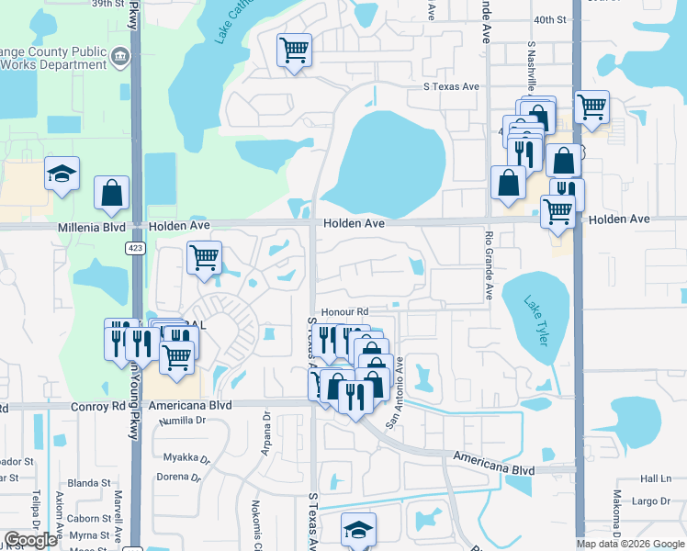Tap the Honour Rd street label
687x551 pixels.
tap(344, 312)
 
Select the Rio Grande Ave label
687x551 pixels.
tap(489, 264)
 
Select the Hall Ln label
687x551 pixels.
tap(657, 478)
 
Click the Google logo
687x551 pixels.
tap(30, 541)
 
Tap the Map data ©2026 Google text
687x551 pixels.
tap(631, 543)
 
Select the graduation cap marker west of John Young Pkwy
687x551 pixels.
tap(62, 174)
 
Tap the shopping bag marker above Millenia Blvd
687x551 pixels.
tap(111, 193)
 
